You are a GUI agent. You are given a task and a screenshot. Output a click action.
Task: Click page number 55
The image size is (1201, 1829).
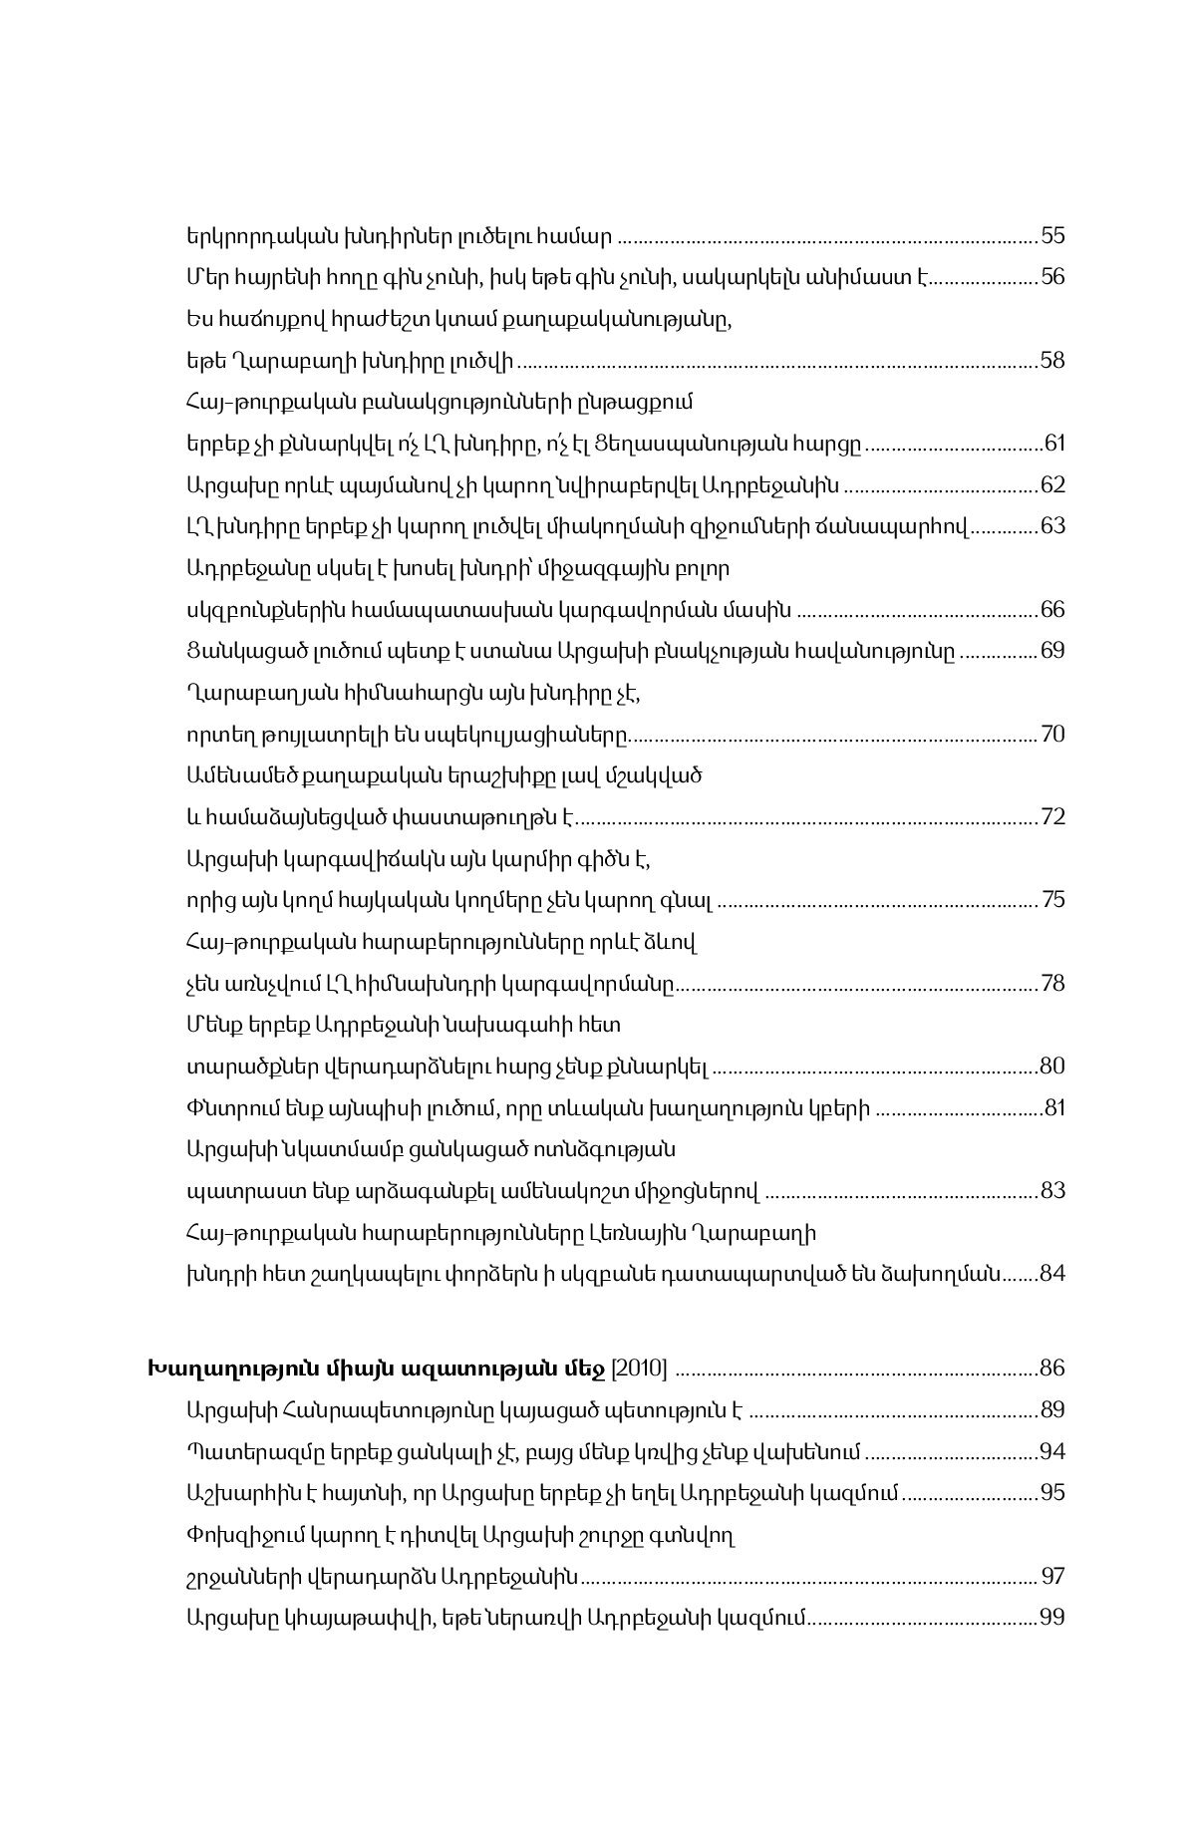pos(1052,236)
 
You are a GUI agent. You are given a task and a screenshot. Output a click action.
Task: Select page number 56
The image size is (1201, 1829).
pos(1052,277)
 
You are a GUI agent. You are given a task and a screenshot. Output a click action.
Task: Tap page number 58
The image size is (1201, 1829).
pos(1052,360)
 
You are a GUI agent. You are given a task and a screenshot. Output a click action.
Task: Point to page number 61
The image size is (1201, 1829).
pos(1052,444)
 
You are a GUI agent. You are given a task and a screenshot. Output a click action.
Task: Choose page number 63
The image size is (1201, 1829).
pos(1052,526)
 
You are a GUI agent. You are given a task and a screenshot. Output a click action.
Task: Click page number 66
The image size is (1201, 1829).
pos(1052,609)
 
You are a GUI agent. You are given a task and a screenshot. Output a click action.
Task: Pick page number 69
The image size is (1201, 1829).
pos(1052,651)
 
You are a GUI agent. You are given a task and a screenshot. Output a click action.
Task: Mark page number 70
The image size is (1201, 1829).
pos(1052,735)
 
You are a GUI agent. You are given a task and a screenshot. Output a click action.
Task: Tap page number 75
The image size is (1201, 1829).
pos(1052,900)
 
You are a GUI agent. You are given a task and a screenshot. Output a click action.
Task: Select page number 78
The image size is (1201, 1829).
pos(1052,984)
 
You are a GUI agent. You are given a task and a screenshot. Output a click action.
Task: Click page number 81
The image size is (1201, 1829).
pos(1052,1108)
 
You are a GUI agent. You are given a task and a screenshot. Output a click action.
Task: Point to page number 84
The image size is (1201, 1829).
pos(1052,1274)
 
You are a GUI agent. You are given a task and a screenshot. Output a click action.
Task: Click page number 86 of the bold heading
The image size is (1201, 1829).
pos(1052,1368)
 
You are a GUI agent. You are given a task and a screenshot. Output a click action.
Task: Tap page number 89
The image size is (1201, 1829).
pos(1052,1409)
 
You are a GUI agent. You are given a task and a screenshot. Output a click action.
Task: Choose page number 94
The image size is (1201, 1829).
pos(1052,1451)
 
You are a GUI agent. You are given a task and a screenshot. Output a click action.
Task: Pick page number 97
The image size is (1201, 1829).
pos(1052,1576)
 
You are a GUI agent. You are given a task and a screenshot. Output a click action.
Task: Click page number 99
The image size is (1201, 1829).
pos(1052,1617)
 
